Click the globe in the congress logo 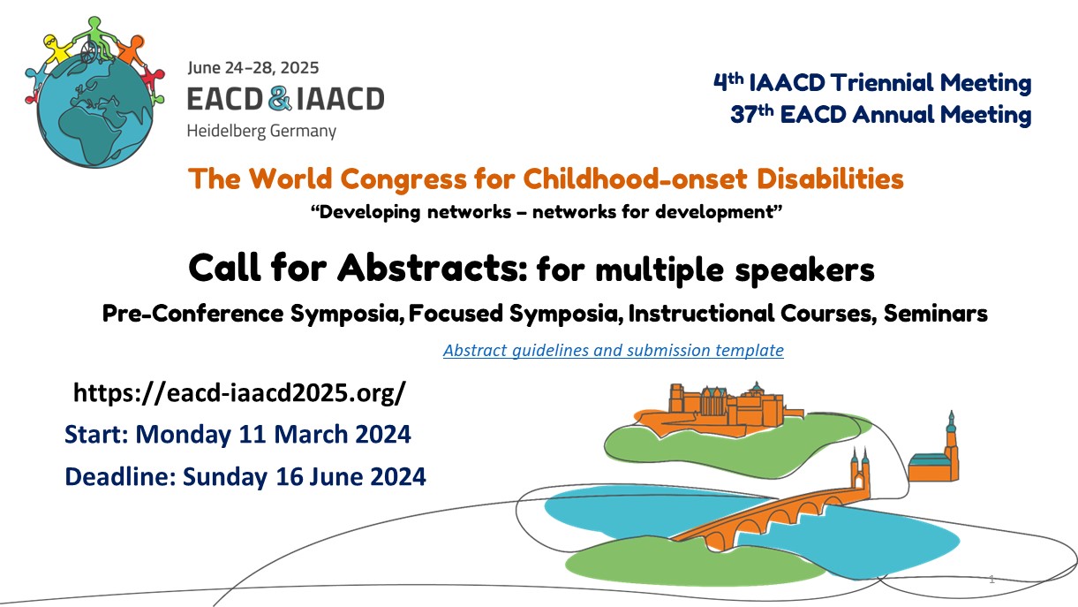pos(94,110)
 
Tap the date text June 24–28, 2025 pos(253,68)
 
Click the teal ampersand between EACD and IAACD pos(280,98)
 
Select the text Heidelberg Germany pos(261,131)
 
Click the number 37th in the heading pos(751,114)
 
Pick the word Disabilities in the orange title pos(830,178)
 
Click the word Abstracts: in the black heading pos(432,268)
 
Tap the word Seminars pos(936,313)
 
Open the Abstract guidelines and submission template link pos(613,350)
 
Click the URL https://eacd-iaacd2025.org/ pos(239,392)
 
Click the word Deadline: pos(120,477)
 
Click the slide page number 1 pos(991,579)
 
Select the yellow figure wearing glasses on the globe pos(57,49)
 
